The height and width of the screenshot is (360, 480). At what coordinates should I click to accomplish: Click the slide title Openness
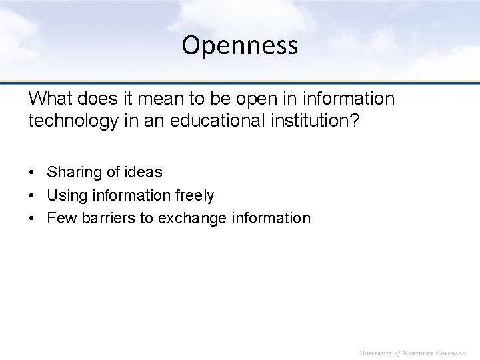tap(240, 45)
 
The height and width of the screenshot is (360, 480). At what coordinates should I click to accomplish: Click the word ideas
tap(142, 172)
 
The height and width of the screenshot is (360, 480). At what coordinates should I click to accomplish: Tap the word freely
tap(193, 195)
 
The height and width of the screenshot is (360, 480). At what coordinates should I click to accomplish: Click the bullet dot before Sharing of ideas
tap(33, 173)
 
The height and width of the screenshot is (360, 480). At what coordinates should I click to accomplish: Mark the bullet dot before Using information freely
tap(33, 196)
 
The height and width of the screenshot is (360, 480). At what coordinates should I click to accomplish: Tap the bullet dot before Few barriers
tap(33, 219)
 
